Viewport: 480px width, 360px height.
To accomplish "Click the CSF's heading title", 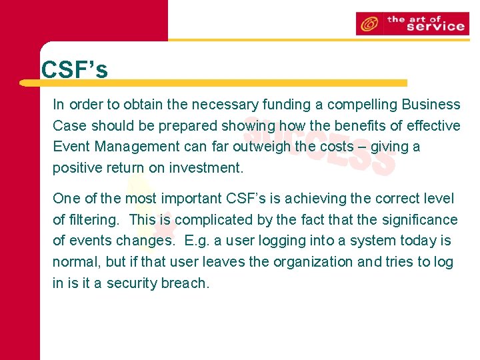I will [74, 70].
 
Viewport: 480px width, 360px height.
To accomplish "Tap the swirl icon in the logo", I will [368, 24].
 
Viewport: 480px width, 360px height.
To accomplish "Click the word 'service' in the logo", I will [435, 27].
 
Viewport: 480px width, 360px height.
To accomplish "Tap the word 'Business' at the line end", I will [431, 105].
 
